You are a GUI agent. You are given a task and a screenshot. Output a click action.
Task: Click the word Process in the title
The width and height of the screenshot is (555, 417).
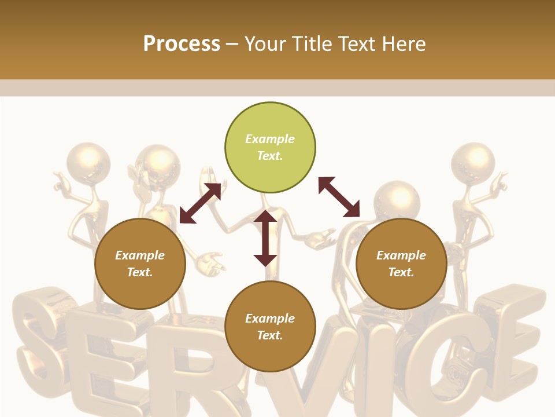(182, 43)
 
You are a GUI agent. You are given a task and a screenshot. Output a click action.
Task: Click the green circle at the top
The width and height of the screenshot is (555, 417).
(270, 122)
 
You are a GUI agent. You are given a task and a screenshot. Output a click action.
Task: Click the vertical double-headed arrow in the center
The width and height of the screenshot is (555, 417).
(265, 238)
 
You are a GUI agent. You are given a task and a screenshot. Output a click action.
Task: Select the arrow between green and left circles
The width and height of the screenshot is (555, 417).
(200, 203)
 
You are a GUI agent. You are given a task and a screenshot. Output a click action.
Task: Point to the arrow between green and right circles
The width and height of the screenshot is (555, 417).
(339, 197)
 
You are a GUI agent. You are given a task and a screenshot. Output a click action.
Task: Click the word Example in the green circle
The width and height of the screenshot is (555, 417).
(270, 139)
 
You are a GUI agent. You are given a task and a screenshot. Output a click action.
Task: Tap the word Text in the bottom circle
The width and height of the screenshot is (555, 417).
(270, 335)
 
